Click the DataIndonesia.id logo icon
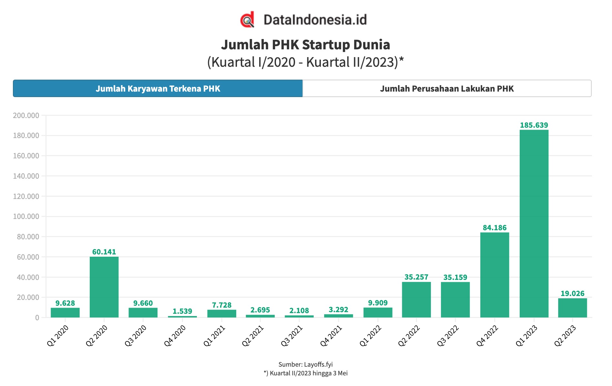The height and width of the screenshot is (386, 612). [247, 20]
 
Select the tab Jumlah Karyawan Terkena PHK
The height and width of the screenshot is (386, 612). [158, 89]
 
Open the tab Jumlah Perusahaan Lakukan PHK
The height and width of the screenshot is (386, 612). [447, 89]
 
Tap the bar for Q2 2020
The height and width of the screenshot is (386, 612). [104, 287]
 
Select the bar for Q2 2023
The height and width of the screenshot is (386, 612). [572, 308]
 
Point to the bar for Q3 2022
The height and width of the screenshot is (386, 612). [455, 300]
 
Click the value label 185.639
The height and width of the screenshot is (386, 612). [534, 125]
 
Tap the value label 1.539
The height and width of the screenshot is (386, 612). [182, 311]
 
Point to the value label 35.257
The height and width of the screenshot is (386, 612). [416, 277]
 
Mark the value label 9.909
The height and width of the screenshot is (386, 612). [378, 303]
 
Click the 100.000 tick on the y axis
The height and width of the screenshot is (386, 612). [26, 216]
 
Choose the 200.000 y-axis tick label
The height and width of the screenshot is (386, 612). [26, 115]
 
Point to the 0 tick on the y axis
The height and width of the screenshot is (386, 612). [37, 318]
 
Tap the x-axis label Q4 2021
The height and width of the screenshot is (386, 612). [331, 336]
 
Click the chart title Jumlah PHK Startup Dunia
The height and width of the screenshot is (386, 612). [305, 45]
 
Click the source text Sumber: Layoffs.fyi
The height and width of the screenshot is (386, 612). [305, 364]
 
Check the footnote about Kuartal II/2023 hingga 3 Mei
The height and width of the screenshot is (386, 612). [305, 373]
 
